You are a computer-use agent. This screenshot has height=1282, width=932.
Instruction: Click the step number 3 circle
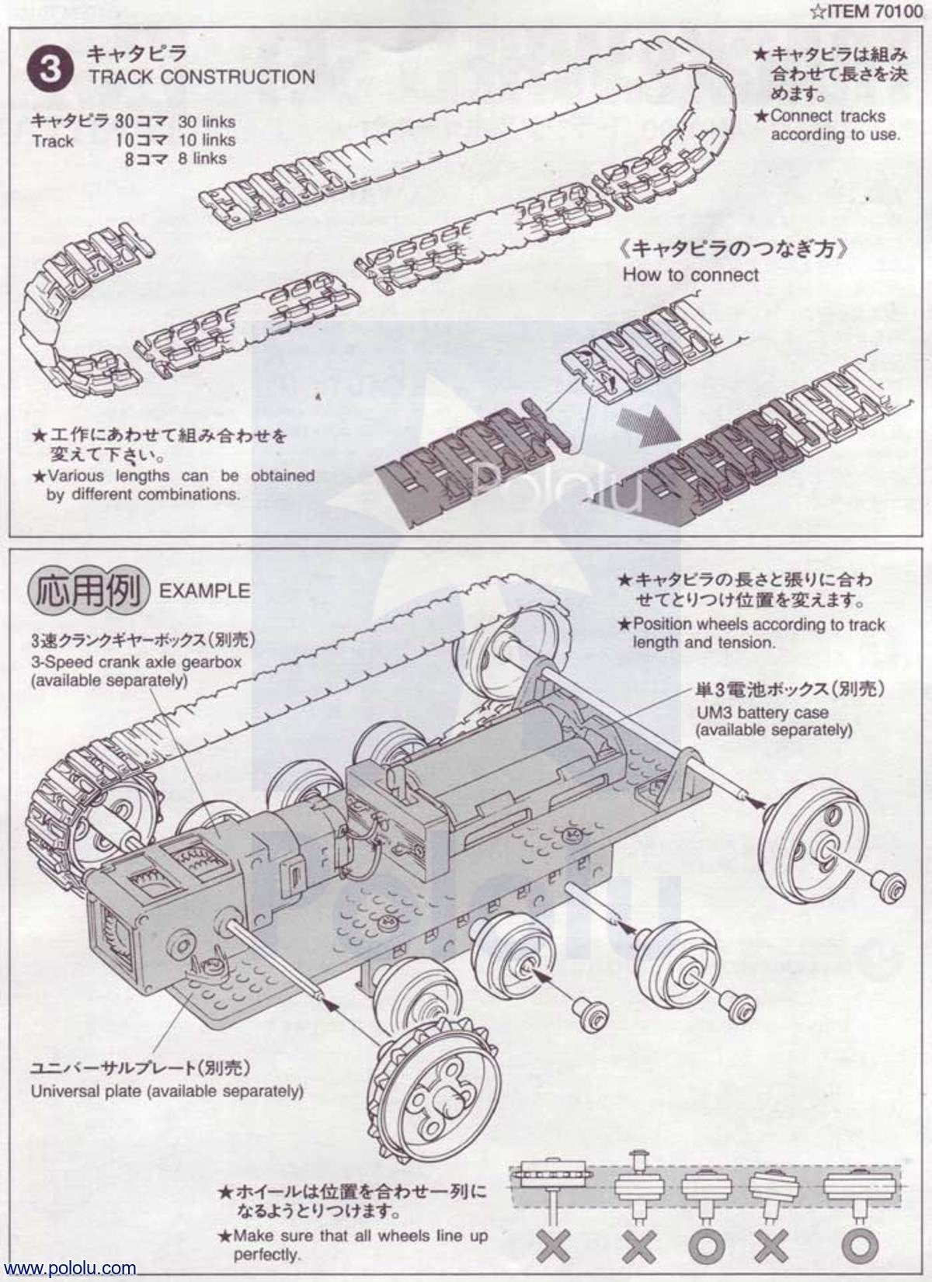coord(50,68)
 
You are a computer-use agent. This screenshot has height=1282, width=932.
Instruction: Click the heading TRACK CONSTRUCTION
coord(201,77)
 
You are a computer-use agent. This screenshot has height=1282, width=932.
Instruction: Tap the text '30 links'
coord(206,122)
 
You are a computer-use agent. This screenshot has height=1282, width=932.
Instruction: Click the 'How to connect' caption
coord(690,275)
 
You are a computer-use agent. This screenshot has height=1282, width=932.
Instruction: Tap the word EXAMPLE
coord(204,591)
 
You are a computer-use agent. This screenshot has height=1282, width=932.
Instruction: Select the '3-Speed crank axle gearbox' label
coord(136,662)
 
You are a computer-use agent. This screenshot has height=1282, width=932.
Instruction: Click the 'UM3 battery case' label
coord(761,712)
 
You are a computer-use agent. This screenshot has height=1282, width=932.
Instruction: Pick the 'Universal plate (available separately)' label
coord(167,1091)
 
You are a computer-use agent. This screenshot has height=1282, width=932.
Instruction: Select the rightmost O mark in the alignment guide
coord(860,1246)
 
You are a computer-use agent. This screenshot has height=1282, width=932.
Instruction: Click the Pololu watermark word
coord(555,485)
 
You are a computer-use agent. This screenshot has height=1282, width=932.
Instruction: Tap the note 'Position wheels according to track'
coord(758,624)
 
